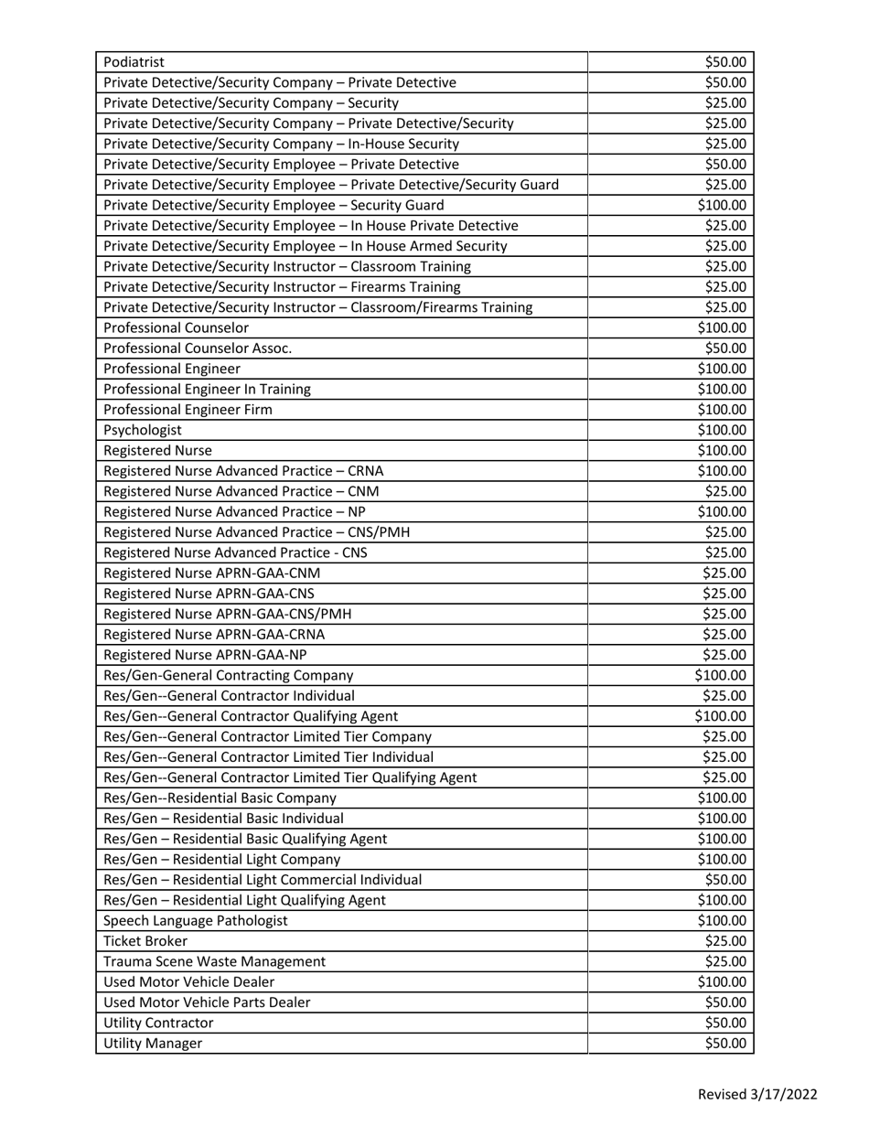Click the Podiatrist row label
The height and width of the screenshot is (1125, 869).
134,62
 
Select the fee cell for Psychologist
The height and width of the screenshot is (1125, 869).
723,430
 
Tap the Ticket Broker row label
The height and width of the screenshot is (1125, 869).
146,941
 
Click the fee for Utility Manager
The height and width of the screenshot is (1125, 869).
725,1044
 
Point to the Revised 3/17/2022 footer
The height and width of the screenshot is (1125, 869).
757,1095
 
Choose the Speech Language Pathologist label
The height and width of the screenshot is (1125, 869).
196,921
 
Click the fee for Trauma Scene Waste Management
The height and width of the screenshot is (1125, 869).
725,961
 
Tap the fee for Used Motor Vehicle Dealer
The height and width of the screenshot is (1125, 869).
723,982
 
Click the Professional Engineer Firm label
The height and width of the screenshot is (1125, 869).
188,410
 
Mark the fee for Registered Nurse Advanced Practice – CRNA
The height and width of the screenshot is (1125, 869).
723,471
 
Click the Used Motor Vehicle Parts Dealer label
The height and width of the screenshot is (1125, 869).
208,1002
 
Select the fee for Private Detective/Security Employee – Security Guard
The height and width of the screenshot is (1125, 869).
723,205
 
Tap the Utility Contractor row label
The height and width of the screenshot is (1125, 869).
159,1023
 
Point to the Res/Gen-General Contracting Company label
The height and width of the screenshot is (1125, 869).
229,676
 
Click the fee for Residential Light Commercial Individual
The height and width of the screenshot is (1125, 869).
725,880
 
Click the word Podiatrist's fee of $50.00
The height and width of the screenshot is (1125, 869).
725,62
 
